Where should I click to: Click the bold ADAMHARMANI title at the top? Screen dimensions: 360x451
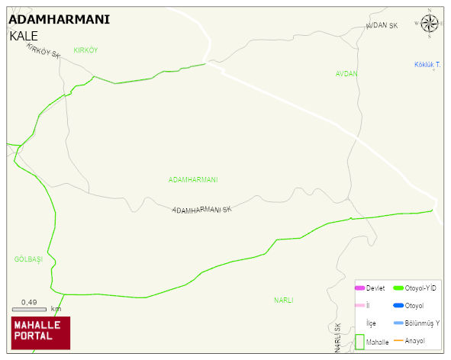59,20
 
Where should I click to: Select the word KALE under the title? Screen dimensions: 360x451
24,36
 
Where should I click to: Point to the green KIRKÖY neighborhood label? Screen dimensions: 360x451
85,50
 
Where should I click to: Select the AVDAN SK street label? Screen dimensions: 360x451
382,26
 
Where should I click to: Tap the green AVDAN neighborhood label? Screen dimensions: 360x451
346,74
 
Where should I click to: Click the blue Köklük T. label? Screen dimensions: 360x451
427,64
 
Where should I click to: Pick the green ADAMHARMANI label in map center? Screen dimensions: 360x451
193,180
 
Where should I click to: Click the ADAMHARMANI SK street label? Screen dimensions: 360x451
201,209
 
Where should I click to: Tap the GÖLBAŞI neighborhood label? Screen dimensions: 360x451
28,259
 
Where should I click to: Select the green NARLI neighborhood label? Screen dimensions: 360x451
284,301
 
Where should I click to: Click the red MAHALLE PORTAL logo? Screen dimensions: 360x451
40,332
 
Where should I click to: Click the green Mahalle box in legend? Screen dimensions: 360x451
360,342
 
